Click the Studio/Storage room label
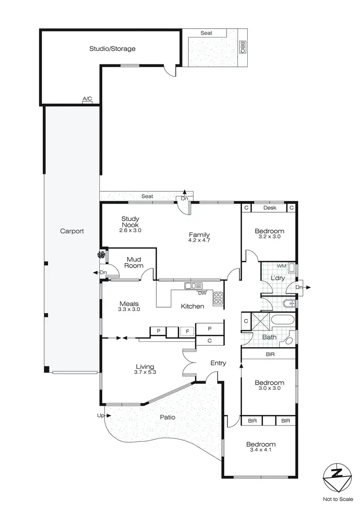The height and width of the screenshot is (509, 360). click(x=112, y=48)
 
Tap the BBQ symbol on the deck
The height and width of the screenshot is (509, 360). click(x=242, y=46)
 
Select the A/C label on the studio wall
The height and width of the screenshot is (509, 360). click(x=87, y=99)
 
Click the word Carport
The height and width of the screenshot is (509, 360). click(x=72, y=231)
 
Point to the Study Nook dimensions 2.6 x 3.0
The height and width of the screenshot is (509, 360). click(x=130, y=230)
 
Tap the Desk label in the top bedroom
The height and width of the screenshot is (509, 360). click(x=270, y=208)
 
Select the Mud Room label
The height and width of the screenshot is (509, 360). click(x=134, y=262)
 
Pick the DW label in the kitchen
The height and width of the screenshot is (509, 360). click(x=203, y=293)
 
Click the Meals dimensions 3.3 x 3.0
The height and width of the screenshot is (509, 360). click(x=129, y=310)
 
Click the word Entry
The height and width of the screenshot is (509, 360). click(x=218, y=364)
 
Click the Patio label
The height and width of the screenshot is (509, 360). click(x=167, y=417)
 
